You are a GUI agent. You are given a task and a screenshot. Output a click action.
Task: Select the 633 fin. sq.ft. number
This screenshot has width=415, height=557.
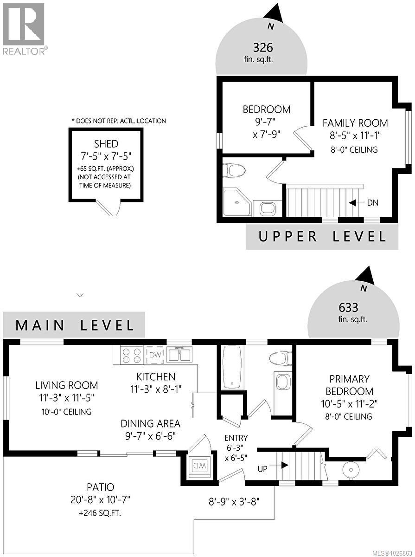(x=353, y=307)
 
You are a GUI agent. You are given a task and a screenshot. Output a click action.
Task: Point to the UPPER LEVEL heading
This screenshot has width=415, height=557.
(x=322, y=237)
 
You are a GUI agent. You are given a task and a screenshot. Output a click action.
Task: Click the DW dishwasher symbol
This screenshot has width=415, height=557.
(x=155, y=355)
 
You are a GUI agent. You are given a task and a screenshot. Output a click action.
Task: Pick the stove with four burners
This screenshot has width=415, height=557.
(x=131, y=356)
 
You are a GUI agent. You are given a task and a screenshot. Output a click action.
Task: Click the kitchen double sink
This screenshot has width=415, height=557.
(x=179, y=355)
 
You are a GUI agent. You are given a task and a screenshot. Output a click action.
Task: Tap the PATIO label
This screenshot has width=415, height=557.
(x=100, y=487)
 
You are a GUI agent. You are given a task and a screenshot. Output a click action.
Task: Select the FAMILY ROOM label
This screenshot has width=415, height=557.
(x=355, y=123)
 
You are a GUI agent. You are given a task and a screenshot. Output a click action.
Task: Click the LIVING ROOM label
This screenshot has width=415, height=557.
(x=67, y=385)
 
